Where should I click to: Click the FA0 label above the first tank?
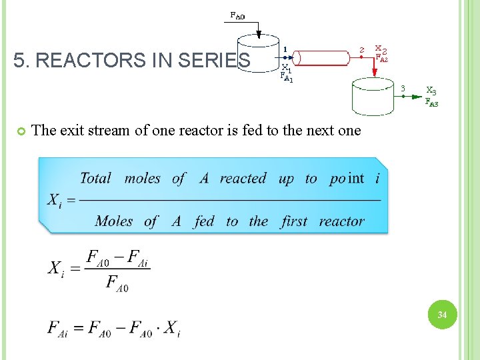[x=237, y=15]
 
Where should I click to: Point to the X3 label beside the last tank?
[x=431, y=91]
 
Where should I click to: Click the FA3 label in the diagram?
[x=432, y=102]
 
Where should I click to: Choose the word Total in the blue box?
[x=95, y=178]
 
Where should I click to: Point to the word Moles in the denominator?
[x=114, y=221]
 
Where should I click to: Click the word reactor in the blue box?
[x=341, y=221]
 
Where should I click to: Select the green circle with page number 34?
[x=442, y=314]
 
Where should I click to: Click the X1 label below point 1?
[x=286, y=68]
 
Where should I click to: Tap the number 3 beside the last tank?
[x=403, y=88]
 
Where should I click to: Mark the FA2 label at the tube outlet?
[x=381, y=58]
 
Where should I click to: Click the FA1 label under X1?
[x=287, y=78]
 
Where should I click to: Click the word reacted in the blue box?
[x=243, y=178]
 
